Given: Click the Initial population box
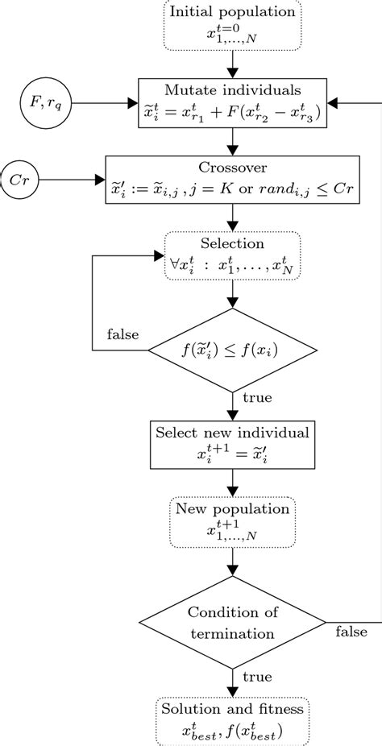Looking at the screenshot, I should (232, 24).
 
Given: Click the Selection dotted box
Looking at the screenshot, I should (232, 255).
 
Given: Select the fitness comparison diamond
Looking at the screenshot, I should (232, 350).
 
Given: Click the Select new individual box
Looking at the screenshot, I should (232, 442).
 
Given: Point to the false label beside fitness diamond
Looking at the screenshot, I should (122, 334).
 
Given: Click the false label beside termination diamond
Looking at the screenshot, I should (351, 631).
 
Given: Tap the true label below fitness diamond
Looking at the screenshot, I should (257, 397).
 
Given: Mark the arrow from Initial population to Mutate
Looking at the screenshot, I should (232, 62).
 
